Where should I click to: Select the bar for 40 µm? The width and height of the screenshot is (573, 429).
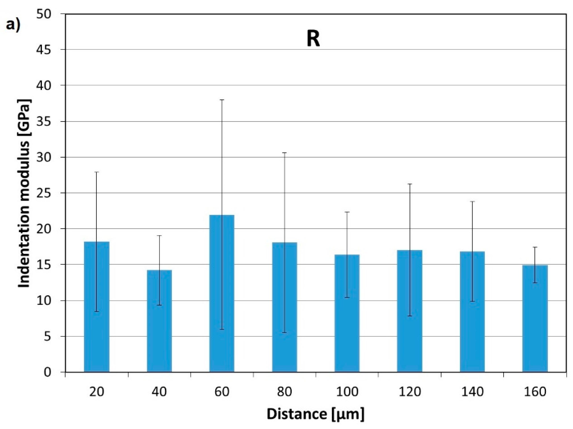[x=159, y=321]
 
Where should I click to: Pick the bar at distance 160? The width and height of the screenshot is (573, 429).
[x=535, y=319]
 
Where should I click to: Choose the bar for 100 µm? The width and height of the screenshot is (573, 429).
[x=347, y=313]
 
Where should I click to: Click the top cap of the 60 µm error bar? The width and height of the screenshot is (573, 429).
[x=222, y=100]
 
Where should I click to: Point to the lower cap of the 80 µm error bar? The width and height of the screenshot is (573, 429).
[x=284, y=333]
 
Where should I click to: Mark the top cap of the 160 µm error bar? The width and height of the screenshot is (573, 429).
[x=535, y=247]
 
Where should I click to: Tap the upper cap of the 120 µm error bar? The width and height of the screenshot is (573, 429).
[x=410, y=184]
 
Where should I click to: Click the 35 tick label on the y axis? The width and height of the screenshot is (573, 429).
[x=44, y=121]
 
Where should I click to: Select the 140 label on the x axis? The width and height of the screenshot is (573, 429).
[x=472, y=392]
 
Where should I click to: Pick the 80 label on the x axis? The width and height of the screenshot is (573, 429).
[x=284, y=392]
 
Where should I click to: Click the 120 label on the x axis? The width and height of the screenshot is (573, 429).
[x=410, y=392]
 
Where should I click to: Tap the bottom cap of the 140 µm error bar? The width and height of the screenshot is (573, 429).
[x=472, y=301]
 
